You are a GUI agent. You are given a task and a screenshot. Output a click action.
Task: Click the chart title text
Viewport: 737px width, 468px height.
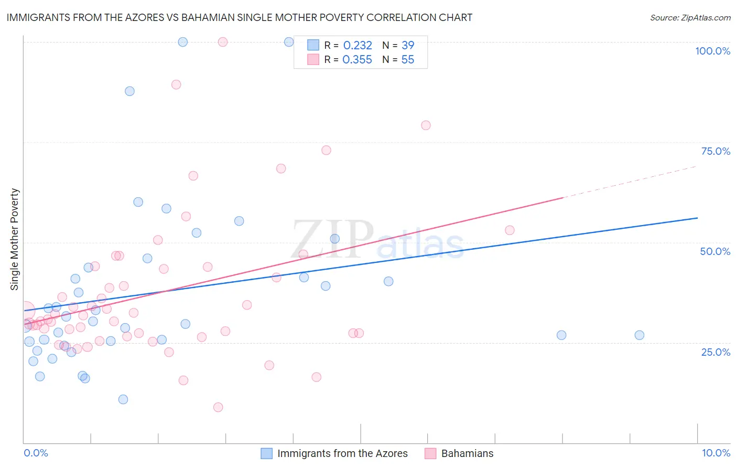pyautogui.click(x=239, y=17)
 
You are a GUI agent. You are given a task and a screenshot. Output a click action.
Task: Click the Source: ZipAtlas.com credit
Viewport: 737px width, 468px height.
pyautogui.click(x=690, y=17)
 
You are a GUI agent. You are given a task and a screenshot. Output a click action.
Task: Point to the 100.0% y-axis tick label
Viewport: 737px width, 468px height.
pyautogui.click(x=712, y=51)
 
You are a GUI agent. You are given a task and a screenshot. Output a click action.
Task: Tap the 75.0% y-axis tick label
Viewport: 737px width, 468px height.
pyautogui.click(x=716, y=151)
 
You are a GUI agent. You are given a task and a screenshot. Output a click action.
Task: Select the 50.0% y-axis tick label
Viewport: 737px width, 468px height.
pyautogui.click(x=715, y=251)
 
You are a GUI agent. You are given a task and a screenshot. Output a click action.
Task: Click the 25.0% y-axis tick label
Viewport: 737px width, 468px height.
pyautogui.click(x=716, y=352)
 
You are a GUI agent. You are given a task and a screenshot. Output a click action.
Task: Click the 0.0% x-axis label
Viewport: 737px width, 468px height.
pyautogui.click(x=36, y=453)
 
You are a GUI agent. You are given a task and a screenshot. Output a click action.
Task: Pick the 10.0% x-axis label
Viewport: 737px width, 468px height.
pyautogui.click(x=716, y=453)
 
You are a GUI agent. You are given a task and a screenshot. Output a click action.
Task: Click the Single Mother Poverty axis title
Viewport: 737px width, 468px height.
pyautogui.click(x=15, y=239)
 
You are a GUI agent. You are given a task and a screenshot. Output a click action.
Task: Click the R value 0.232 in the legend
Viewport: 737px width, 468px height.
pyautogui.click(x=357, y=46)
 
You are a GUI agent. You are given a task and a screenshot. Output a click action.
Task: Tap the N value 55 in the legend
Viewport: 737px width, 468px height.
pyautogui.click(x=407, y=60)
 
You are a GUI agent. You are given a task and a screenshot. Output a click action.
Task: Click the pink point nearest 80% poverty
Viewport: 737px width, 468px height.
pyautogui.click(x=426, y=125)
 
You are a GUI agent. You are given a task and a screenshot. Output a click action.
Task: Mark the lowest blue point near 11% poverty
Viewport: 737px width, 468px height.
pyautogui.click(x=123, y=399)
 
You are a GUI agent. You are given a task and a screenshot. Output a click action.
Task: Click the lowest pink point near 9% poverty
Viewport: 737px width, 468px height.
pyautogui.click(x=218, y=407)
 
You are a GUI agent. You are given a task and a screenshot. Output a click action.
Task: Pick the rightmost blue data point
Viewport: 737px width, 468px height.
pyautogui.click(x=639, y=335)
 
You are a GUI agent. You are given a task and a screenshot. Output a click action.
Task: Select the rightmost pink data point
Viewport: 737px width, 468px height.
pyautogui.click(x=510, y=230)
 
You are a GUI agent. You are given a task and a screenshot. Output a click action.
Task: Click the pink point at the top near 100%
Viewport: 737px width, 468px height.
pyautogui.click(x=223, y=42)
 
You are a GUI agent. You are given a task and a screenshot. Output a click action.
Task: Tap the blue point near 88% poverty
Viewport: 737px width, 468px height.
pyautogui.click(x=129, y=91)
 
